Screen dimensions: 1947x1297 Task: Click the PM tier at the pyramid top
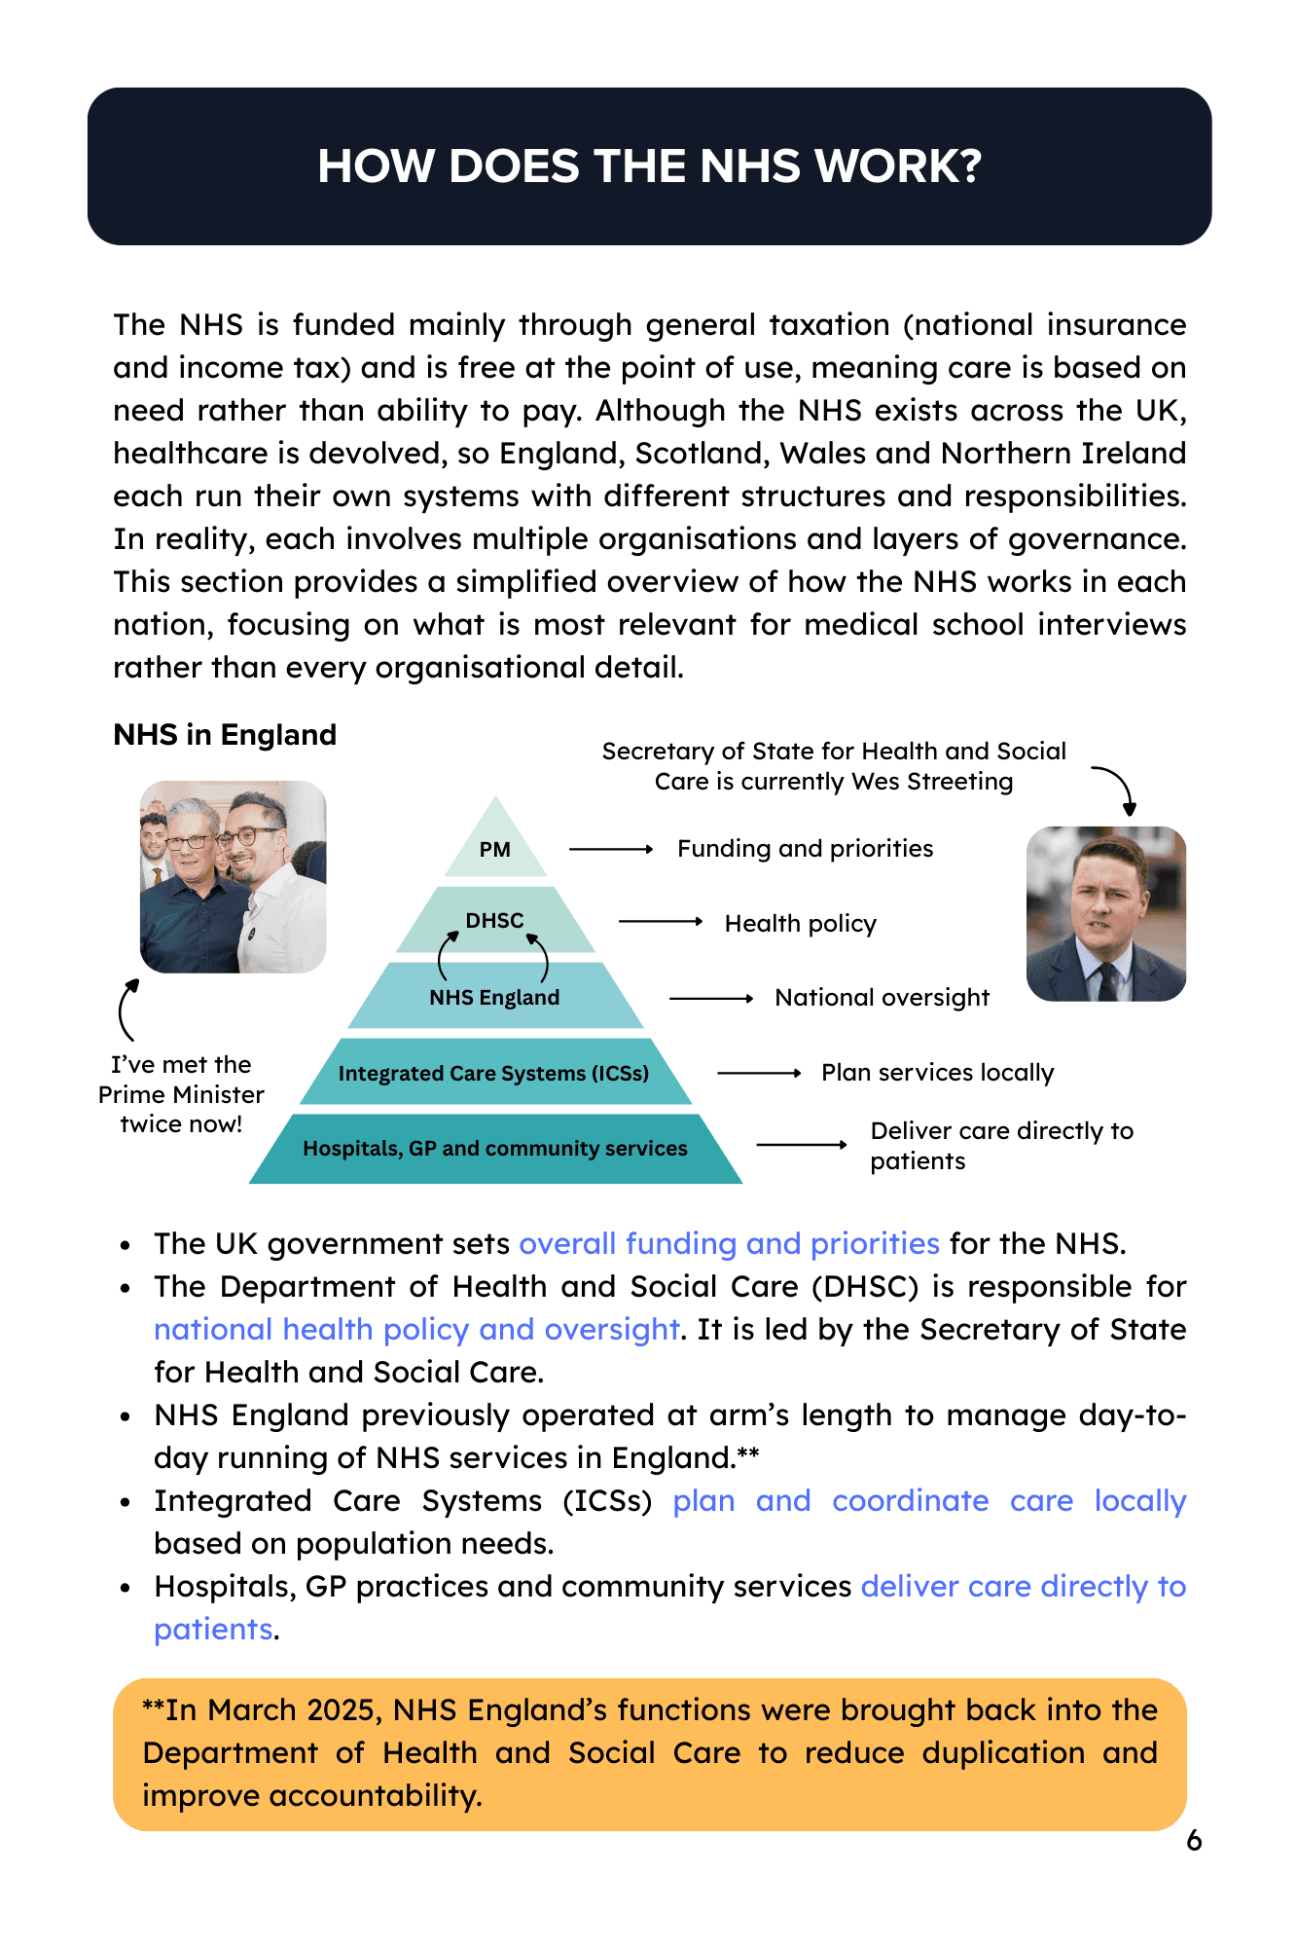click(495, 849)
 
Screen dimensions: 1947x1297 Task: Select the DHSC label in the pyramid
click(494, 920)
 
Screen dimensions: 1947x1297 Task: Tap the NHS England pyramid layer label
click(494, 997)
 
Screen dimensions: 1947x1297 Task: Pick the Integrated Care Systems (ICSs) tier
click(493, 1073)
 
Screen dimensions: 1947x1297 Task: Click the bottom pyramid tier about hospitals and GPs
click(494, 1148)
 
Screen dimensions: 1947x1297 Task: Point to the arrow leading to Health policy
click(661, 921)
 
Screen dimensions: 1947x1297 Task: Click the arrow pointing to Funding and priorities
click(611, 849)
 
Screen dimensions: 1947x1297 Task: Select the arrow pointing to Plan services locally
click(759, 1073)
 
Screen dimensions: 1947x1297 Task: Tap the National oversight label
click(882, 997)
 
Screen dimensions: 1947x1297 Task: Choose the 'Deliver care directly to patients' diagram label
click(1001, 1145)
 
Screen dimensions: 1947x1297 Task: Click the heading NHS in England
click(225, 734)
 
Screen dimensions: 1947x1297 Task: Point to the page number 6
click(1194, 1840)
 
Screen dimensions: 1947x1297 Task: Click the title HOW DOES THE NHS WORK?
click(649, 166)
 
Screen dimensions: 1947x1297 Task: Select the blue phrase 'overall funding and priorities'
click(729, 1243)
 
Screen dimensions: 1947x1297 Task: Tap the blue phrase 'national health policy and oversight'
click(416, 1329)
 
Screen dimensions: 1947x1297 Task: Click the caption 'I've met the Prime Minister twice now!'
click(181, 1094)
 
